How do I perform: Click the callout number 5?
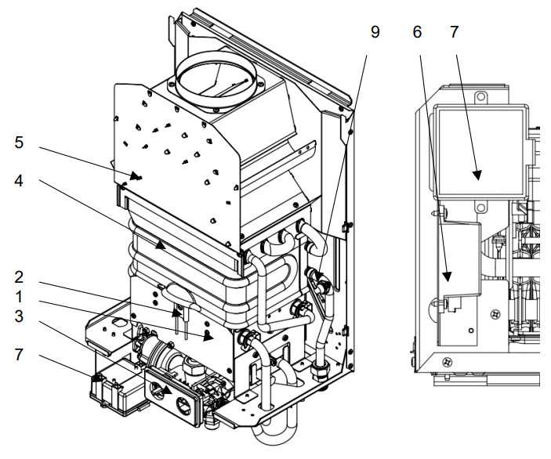point(19,143)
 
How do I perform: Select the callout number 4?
point(19,181)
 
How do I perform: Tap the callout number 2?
point(19,277)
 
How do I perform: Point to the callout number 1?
point(19,297)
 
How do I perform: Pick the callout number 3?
point(19,316)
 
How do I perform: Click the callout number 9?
point(375,32)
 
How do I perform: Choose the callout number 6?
point(417,32)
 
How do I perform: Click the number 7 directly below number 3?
point(19,354)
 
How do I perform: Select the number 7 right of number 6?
point(454,32)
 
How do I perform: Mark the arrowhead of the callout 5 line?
point(136,175)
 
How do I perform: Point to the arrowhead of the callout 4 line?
point(161,245)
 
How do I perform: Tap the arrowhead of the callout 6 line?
point(447,276)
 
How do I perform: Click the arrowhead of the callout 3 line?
point(167,390)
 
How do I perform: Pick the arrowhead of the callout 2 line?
point(176,313)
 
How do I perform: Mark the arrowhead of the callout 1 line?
point(208,337)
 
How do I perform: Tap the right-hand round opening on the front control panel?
point(183,405)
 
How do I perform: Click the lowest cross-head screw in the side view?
point(448,361)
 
